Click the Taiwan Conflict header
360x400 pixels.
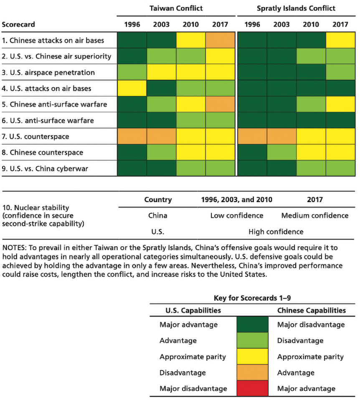(176, 8)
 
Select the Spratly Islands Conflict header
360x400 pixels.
(296, 8)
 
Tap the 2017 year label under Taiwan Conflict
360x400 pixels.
(221, 24)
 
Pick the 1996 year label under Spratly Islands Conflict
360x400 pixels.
(252, 24)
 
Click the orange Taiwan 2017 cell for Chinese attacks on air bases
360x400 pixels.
(221, 41)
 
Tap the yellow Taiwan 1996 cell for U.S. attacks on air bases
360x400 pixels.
(132, 89)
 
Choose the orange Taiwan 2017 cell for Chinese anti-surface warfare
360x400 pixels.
(221, 104)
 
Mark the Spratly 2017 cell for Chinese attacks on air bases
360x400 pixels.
(340, 41)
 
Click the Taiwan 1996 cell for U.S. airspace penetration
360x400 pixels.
(132, 73)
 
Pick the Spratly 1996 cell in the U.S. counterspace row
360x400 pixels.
(252, 137)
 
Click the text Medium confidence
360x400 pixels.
(314, 215)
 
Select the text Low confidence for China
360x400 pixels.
(237, 215)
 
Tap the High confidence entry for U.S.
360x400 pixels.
(276, 232)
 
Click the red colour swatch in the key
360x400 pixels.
(252, 388)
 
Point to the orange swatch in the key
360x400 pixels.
(252, 372)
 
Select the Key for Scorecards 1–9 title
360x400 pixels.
(252, 298)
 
